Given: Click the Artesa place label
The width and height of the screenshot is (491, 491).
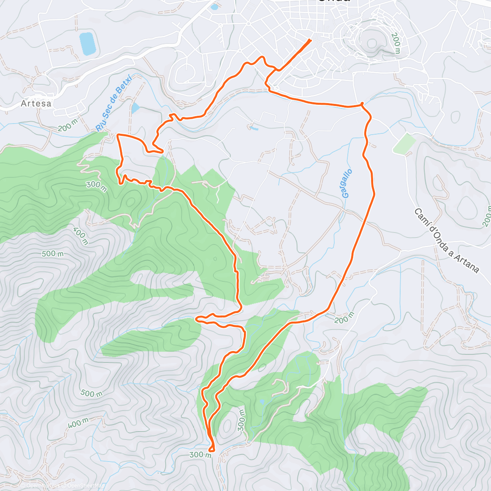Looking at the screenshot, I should click(36, 104).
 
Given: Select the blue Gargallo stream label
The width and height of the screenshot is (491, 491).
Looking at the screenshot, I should click(347, 184).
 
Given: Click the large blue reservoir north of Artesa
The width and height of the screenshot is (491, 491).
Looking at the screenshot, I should click(88, 44).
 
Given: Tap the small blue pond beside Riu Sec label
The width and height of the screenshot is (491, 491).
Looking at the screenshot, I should click(135, 108).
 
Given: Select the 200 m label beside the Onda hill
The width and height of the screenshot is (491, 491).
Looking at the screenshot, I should click(396, 44).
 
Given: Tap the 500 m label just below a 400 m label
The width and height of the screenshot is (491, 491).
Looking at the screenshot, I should click(53, 254).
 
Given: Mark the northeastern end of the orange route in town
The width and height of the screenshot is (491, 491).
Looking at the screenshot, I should click(311, 40).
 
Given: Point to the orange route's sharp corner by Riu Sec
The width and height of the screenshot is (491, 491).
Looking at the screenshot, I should click(118, 135).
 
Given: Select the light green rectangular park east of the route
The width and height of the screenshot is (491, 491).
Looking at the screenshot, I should click(404, 144).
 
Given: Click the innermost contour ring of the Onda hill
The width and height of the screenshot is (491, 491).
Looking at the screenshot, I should click(372, 43).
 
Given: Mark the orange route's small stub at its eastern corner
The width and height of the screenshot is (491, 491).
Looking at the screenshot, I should click(362, 104).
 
